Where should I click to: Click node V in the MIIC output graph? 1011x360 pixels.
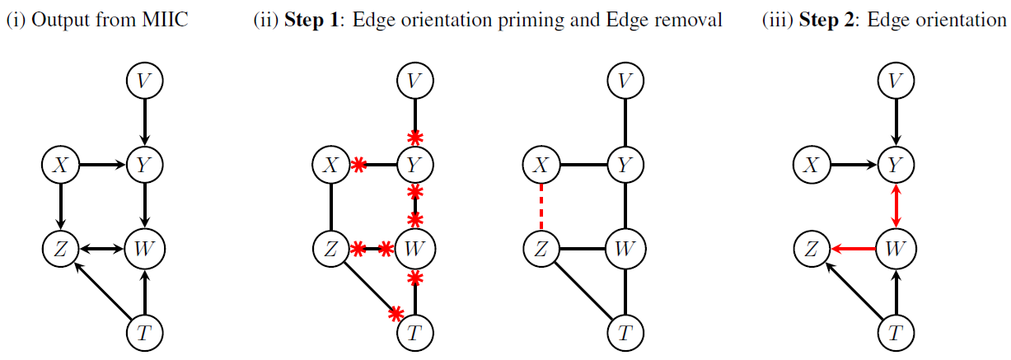[144, 80]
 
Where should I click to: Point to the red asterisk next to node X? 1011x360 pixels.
[358, 166]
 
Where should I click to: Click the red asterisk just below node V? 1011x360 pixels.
[415, 136]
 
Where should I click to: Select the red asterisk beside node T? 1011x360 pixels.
[396, 313]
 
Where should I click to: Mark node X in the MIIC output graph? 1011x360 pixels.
[59, 166]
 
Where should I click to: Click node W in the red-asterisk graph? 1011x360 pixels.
[415, 248]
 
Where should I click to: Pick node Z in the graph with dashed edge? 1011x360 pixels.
[541, 248]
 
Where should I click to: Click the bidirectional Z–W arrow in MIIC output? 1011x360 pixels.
[101, 248]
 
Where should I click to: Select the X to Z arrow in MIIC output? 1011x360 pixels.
[59, 206]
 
